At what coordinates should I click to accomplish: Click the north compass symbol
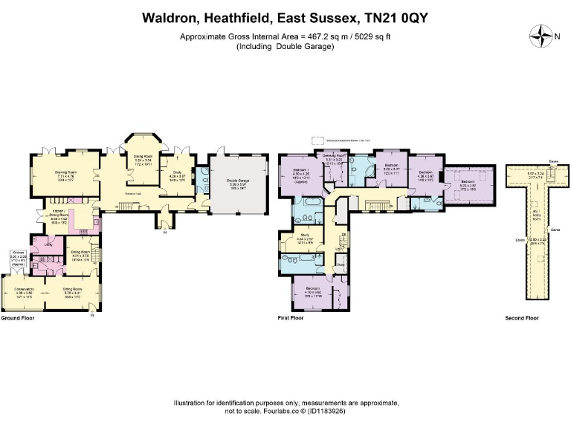pyautogui.click(x=542, y=34)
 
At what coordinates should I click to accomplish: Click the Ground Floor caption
pyautogui.click(x=18, y=317)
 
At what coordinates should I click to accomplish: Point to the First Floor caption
pyautogui.click(x=291, y=317)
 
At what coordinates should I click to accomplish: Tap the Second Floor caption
pyautogui.click(x=521, y=317)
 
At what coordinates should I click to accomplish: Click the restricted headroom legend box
pyautogui.click(x=319, y=139)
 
